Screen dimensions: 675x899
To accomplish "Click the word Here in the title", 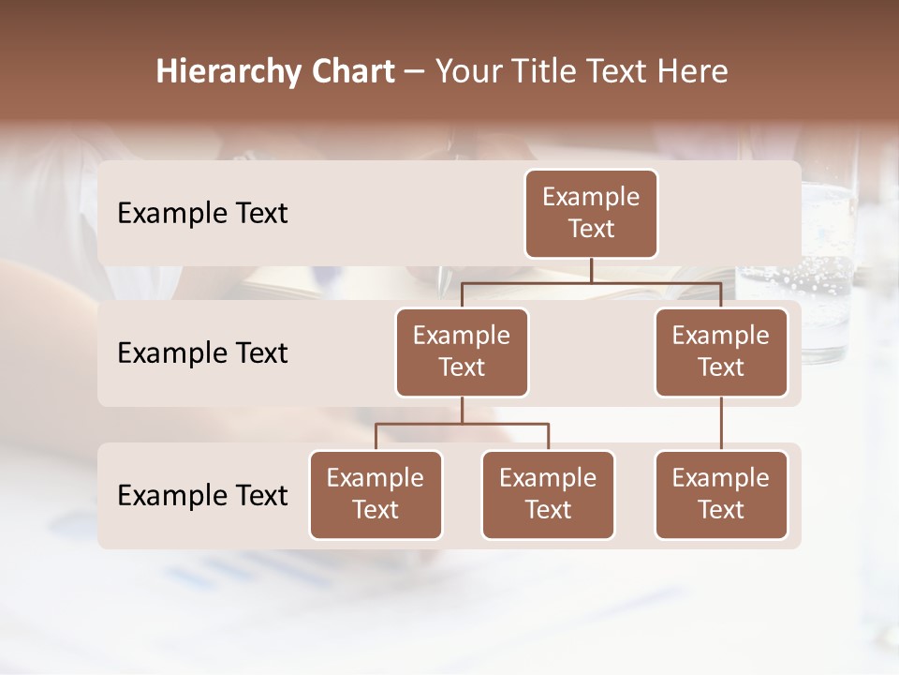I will pyautogui.click(x=693, y=72).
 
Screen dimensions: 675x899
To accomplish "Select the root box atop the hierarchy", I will pyautogui.click(x=591, y=214).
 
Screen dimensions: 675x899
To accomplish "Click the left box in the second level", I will pyautogui.click(x=462, y=352).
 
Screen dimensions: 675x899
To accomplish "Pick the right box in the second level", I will pyautogui.click(x=721, y=352).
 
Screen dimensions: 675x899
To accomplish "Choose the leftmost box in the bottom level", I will pyautogui.click(x=376, y=494).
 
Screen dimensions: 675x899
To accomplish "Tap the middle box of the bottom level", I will pyautogui.click(x=548, y=494).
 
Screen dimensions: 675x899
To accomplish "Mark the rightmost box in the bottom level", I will pyautogui.click(x=721, y=494).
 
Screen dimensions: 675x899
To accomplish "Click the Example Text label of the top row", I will pyautogui.click(x=202, y=214).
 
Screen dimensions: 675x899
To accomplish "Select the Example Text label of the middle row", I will pyautogui.click(x=202, y=353).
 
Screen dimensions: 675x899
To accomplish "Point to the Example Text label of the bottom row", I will pyautogui.click(x=202, y=495).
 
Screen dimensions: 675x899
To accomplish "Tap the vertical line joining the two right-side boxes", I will pyautogui.click(x=721, y=423).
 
